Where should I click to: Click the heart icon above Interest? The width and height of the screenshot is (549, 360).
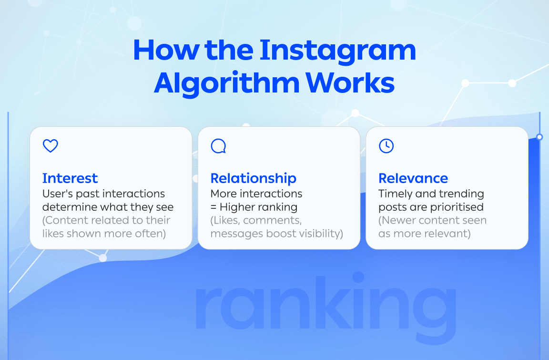point(50,146)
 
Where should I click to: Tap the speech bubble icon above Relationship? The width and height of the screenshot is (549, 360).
point(218,146)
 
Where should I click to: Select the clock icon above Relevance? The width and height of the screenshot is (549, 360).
point(386,146)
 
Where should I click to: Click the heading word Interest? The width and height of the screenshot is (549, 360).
point(70,178)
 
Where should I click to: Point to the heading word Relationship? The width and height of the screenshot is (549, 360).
point(254,178)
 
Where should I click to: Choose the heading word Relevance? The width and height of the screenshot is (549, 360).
point(413,178)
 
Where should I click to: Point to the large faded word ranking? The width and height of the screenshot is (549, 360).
point(325,300)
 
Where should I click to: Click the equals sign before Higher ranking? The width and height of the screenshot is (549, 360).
point(214,207)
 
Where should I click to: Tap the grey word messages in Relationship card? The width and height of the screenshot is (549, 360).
point(234,234)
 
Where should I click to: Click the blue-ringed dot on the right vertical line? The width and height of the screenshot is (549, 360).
point(539,137)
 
